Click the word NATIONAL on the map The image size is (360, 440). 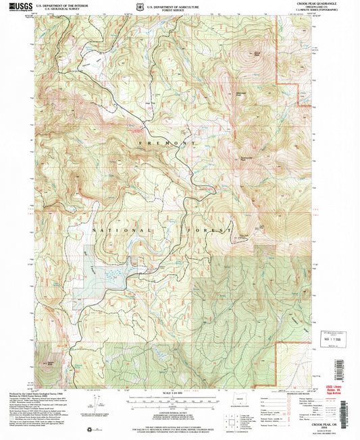click(x=112, y=230)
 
